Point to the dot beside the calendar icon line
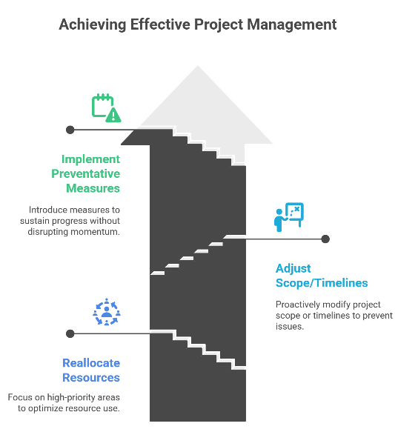[x=70, y=130]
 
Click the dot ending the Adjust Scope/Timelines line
[x=325, y=239]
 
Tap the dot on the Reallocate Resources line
[x=70, y=333]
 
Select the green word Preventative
[x=86, y=173]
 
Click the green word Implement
[x=90, y=159]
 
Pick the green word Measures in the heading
[x=93, y=188]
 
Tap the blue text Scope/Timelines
[x=322, y=283]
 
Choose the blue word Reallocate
[x=91, y=363]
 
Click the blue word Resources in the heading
[x=91, y=377]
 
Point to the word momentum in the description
[x=97, y=231]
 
